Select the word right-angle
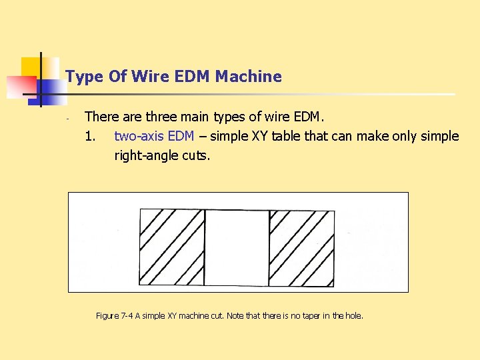pyautogui.click(x=146, y=156)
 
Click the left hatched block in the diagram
pyautogui.click(x=171, y=247)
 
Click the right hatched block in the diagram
pyautogui.click(x=301, y=247)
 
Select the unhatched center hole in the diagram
pyautogui.click(x=237, y=247)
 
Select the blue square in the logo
pyautogui.click(x=49, y=90)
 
